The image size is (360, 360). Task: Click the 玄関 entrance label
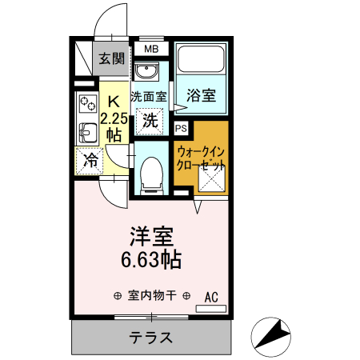click(111, 58)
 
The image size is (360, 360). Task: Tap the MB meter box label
click(151, 50)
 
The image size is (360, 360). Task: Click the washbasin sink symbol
click(146, 74)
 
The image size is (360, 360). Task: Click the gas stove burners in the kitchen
click(86, 103)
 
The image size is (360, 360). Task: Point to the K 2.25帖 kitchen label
click(113, 117)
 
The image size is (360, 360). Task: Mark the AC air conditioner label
click(211, 296)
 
